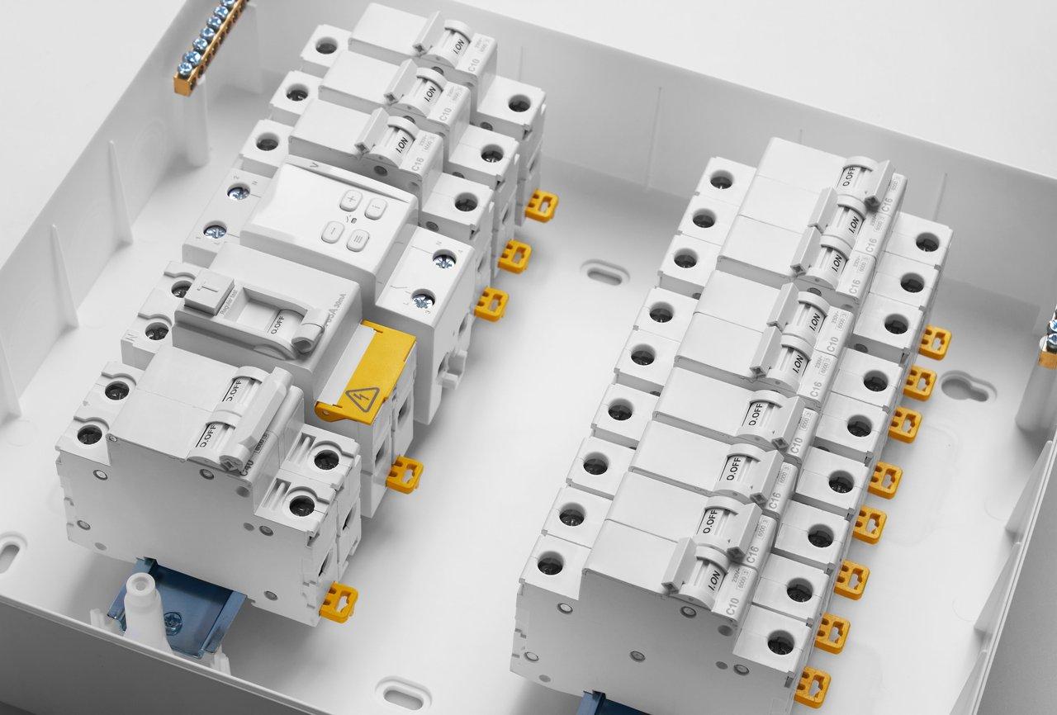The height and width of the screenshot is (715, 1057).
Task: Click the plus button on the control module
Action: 352,198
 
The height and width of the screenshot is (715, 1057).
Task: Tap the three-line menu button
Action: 358,240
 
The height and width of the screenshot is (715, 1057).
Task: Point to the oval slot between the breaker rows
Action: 604,272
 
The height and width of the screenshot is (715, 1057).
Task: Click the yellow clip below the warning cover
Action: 405,475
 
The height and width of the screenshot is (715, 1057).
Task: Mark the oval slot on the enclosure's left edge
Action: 9,552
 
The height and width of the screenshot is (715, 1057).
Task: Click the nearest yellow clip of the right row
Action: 812,687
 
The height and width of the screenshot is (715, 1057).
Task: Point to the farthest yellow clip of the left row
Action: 541,205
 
